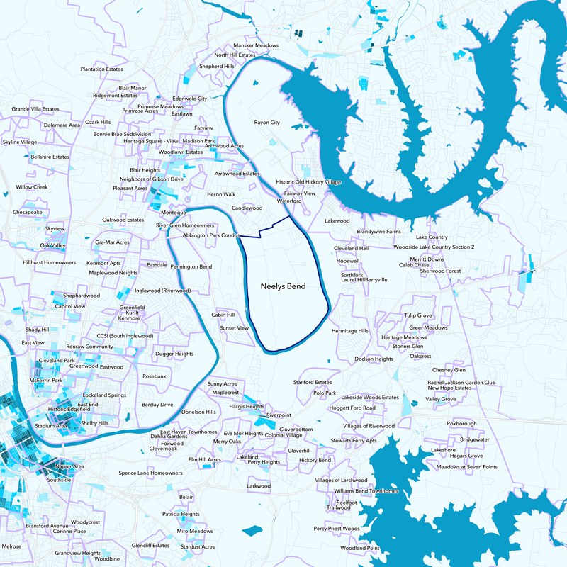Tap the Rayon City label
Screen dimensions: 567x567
267,123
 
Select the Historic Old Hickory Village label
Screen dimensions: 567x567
308,182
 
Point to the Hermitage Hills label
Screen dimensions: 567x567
350,331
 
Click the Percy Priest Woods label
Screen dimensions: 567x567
337,529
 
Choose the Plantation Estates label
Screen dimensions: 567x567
101,69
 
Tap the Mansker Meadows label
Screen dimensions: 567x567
256,45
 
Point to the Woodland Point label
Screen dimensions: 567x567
360,548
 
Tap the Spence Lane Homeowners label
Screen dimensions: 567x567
150,473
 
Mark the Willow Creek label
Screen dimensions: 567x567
31,187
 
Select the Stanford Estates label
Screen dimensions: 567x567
313,382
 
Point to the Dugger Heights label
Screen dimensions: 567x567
174,354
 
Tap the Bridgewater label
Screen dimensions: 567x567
474,439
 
